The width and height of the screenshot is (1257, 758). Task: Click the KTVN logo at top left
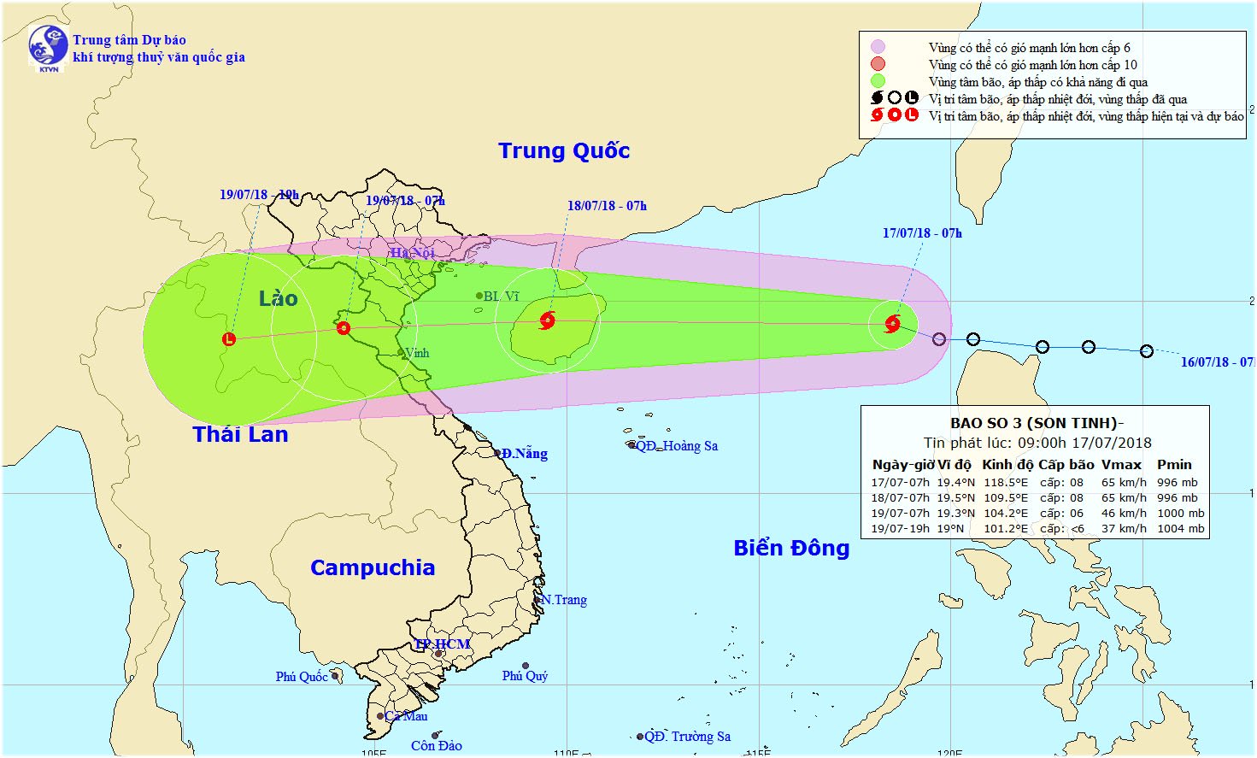pyautogui.click(x=48, y=47)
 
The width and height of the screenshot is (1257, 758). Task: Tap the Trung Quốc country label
pyautogui.click(x=564, y=151)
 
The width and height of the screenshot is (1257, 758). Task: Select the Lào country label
pyautogui.click(x=279, y=298)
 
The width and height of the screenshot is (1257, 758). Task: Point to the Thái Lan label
pyautogui.click(x=240, y=434)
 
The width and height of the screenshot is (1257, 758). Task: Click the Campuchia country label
pyautogui.click(x=373, y=567)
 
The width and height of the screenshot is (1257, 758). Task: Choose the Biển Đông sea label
pyautogui.click(x=791, y=548)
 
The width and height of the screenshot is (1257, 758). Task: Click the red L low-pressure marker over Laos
pyautogui.click(x=229, y=339)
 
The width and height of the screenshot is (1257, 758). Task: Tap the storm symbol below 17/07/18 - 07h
pyautogui.click(x=893, y=323)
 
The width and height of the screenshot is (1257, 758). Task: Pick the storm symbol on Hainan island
pyautogui.click(x=548, y=321)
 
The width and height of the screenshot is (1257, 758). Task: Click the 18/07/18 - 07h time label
pyautogui.click(x=607, y=206)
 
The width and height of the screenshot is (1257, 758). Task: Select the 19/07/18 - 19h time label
pyautogui.click(x=259, y=195)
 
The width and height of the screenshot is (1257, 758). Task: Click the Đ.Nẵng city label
pyautogui.click(x=524, y=454)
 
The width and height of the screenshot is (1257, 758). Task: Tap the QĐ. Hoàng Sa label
pyautogui.click(x=676, y=446)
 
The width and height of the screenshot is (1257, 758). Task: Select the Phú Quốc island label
pyautogui.click(x=302, y=677)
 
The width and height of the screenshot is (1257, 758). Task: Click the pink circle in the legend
pyautogui.click(x=878, y=48)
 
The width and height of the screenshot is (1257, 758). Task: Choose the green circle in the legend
pyautogui.click(x=878, y=81)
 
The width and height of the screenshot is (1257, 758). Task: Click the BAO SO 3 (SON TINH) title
pyautogui.click(x=1037, y=423)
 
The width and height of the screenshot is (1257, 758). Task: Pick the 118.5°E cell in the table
pyautogui.click(x=1006, y=482)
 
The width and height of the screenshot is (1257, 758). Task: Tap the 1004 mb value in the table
pyautogui.click(x=1180, y=528)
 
